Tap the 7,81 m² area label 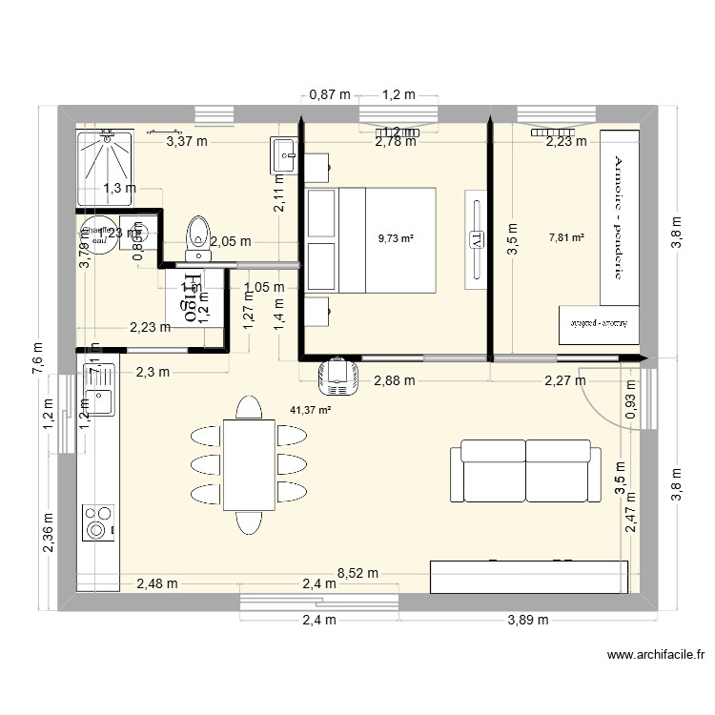point(566,238)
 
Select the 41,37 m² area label point(310,410)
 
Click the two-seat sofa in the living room point(525,471)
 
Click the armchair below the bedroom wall point(337,376)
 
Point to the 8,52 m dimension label point(358,574)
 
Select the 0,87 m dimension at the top point(330,94)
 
